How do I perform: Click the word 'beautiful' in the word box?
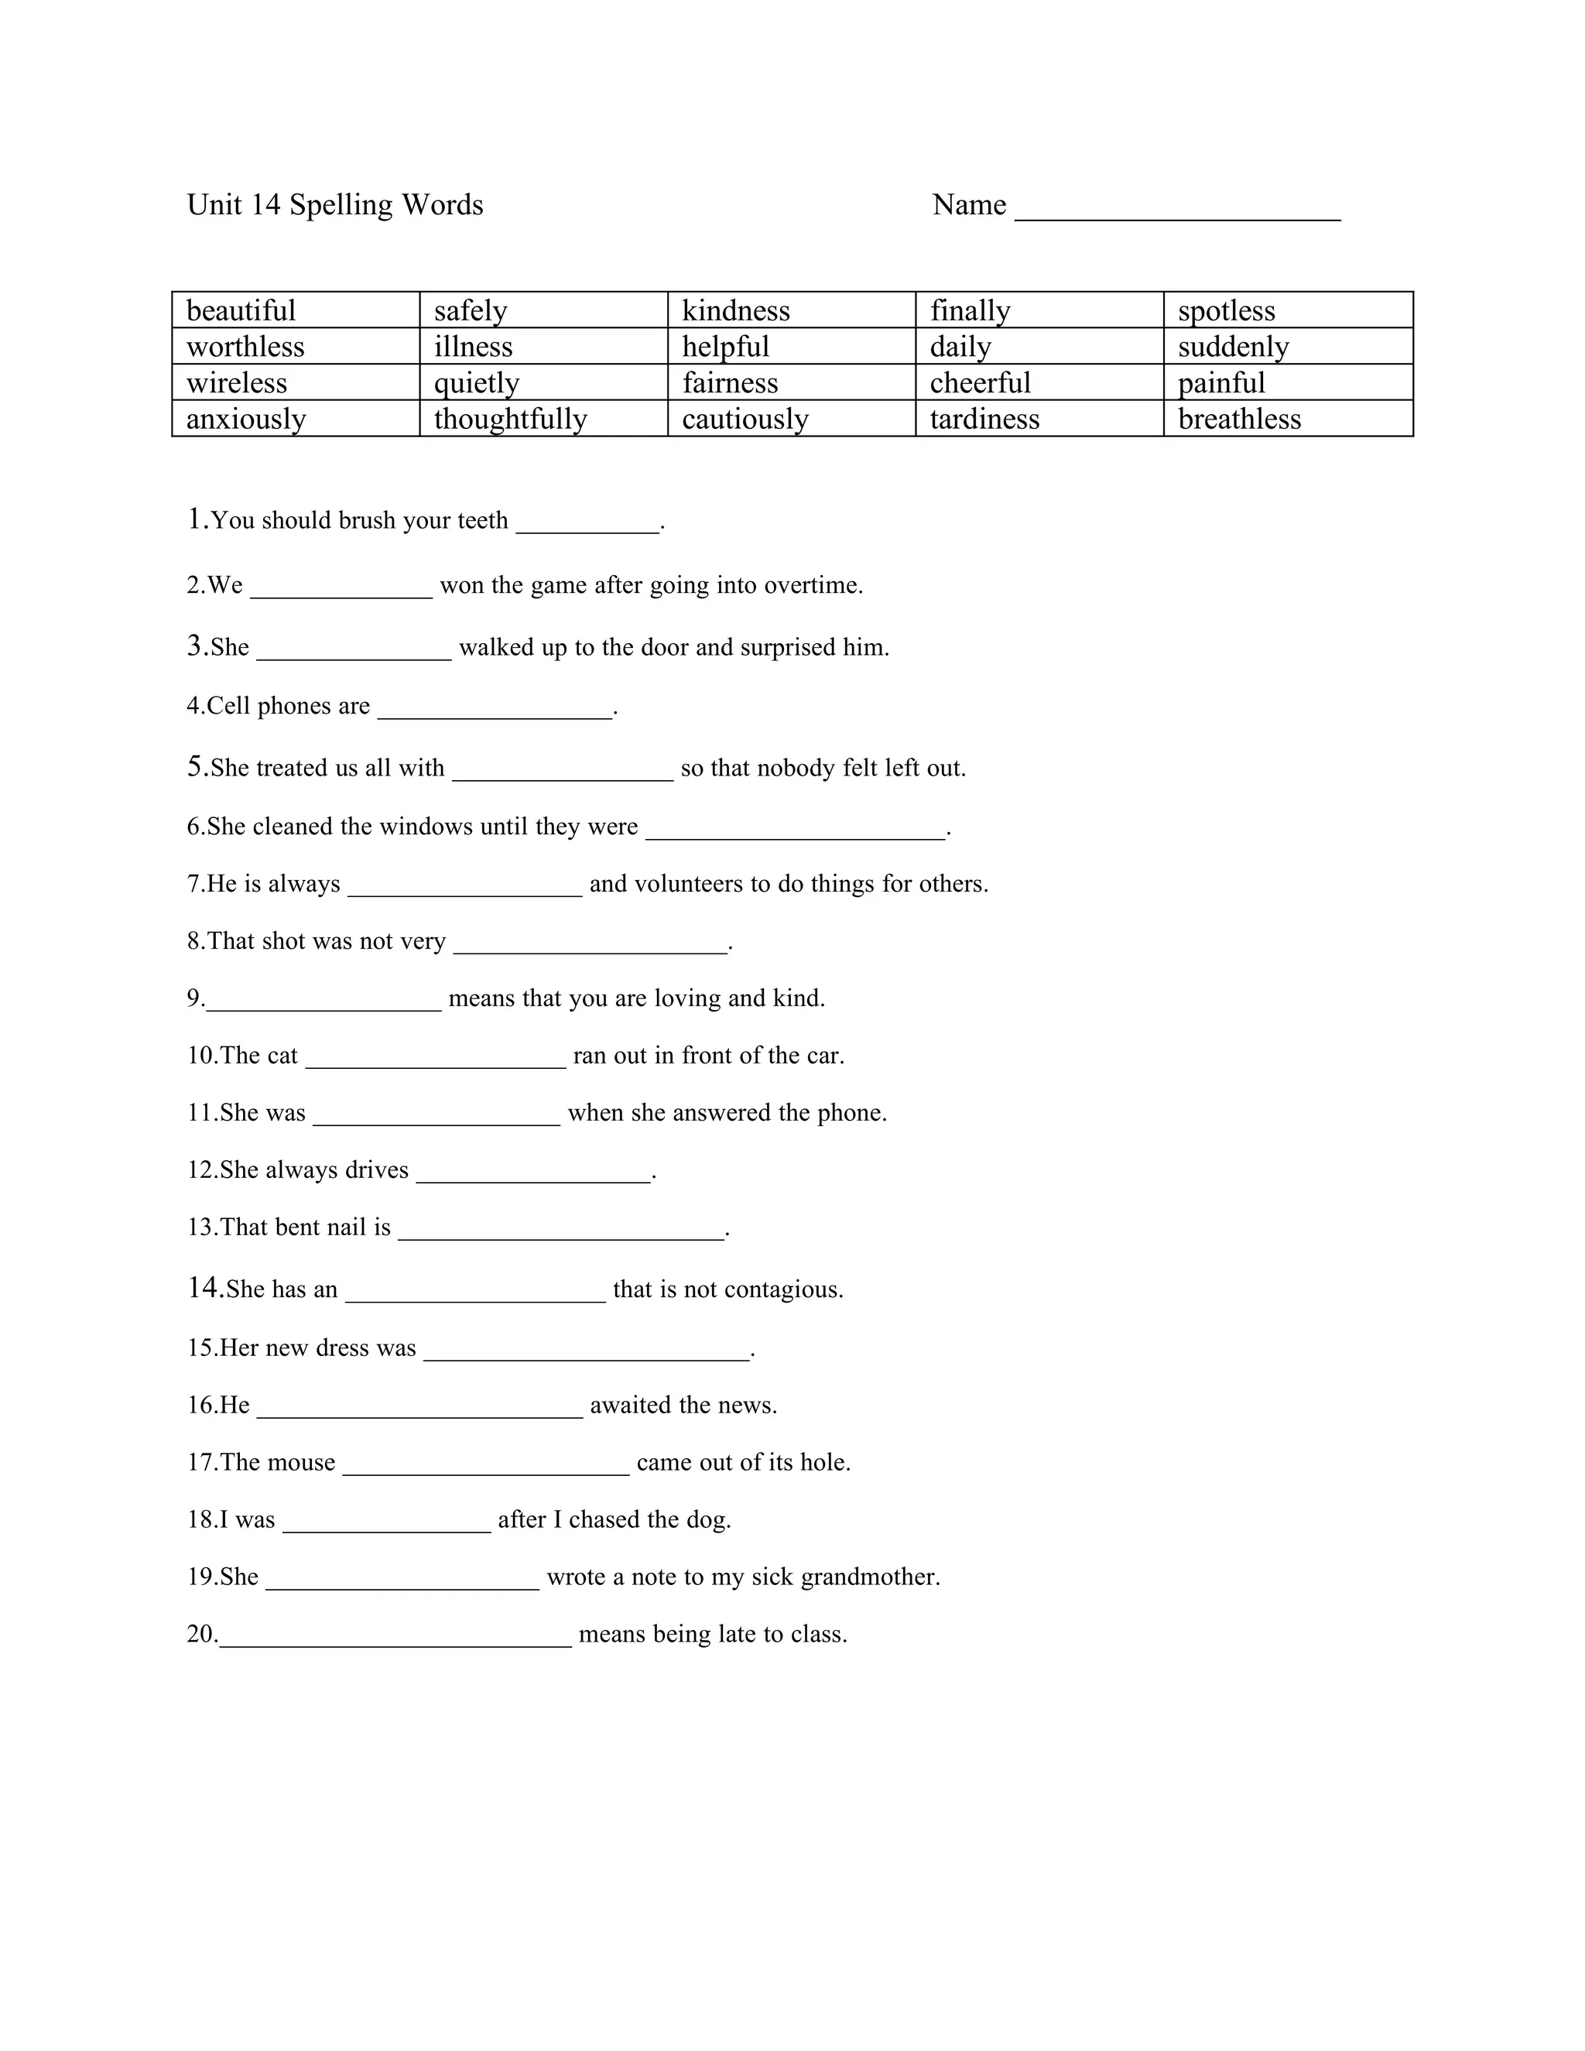pyautogui.click(x=241, y=311)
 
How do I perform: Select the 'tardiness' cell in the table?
pyautogui.click(x=984, y=419)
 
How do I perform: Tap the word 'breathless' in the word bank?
pyautogui.click(x=1240, y=419)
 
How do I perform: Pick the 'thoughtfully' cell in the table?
pyautogui.click(x=511, y=419)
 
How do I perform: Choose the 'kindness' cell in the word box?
pyautogui.click(x=736, y=311)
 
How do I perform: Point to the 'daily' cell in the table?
pyautogui.click(x=960, y=348)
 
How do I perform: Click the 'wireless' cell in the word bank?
pyautogui.click(x=237, y=383)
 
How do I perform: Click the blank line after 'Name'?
pyautogui.click(x=1177, y=208)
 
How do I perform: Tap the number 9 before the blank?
pyautogui.click(x=194, y=998)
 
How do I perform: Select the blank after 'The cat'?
pyautogui.click(x=436, y=1060)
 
